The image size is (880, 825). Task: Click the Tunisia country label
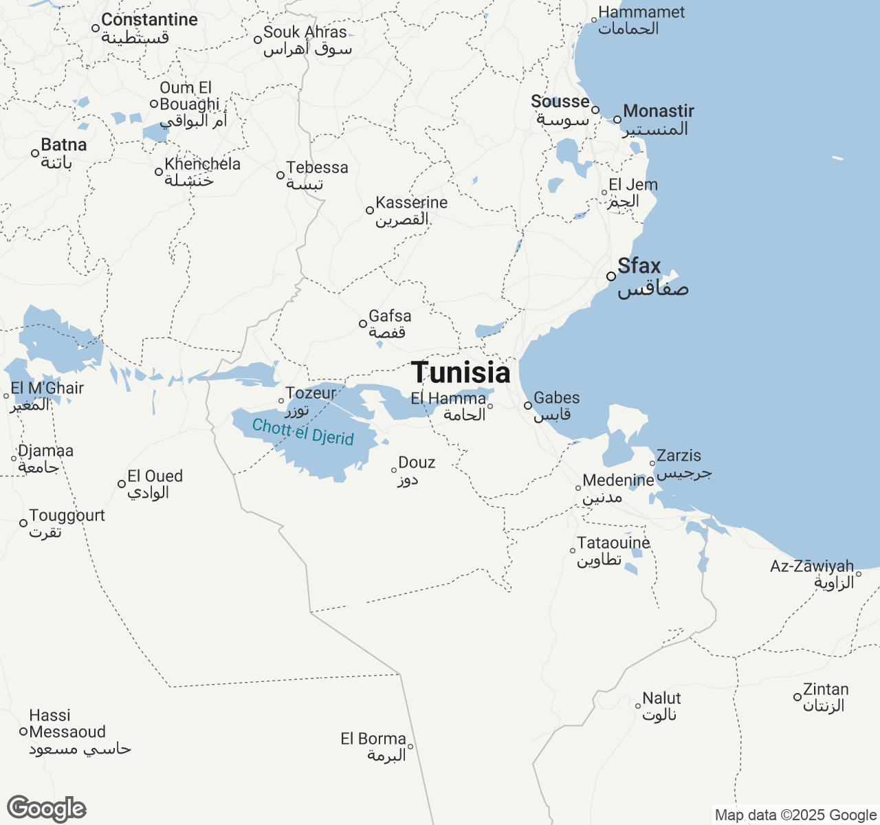(x=461, y=373)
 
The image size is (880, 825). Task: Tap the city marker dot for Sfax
(x=611, y=276)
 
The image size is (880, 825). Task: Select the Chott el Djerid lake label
(x=303, y=432)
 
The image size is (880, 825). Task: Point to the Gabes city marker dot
(x=528, y=406)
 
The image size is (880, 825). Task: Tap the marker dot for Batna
(x=35, y=153)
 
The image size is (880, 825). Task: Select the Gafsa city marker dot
(x=363, y=324)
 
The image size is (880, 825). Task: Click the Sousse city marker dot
(x=595, y=110)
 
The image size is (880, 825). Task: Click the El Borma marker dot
(x=410, y=747)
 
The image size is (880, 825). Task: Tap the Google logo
(x=47, y=809)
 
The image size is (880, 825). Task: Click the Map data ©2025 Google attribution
(x=795, y=815)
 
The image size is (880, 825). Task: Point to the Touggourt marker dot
(x=23, y=523)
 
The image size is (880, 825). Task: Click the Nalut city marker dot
(x=638, y=706)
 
